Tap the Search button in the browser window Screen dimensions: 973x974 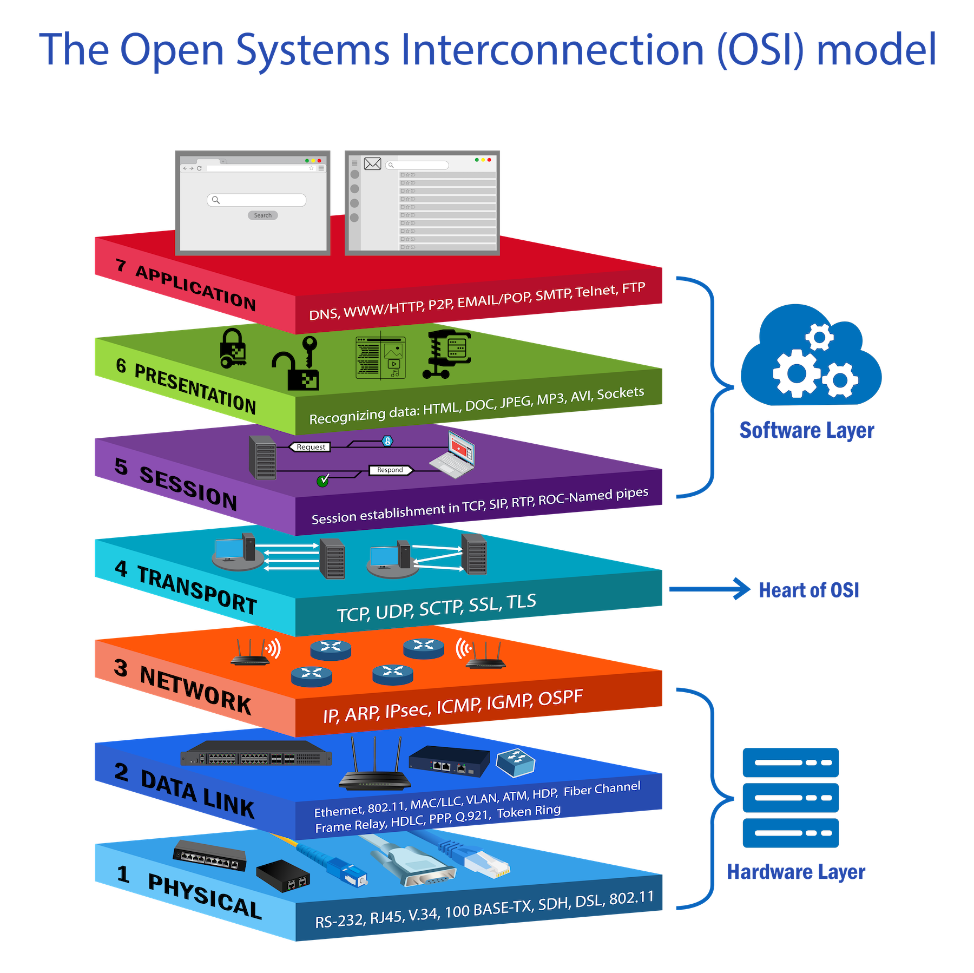point(263,215)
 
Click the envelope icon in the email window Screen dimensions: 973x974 point(373,163)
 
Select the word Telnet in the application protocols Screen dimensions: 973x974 point(596,292)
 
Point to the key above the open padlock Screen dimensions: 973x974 point(310,349)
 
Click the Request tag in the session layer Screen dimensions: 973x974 point(311,447)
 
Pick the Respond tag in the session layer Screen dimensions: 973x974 point(390,470)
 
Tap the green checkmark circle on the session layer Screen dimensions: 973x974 point(323,481)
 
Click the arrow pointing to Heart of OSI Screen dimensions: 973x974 point(709,589)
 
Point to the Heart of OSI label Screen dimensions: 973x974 point(809,590)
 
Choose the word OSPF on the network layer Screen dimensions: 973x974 point(561,698)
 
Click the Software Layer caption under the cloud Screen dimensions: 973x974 point(806,431)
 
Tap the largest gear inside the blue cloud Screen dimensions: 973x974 point(795,373)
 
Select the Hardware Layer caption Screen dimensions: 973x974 point(796,872)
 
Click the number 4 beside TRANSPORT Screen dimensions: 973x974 point(121,569)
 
